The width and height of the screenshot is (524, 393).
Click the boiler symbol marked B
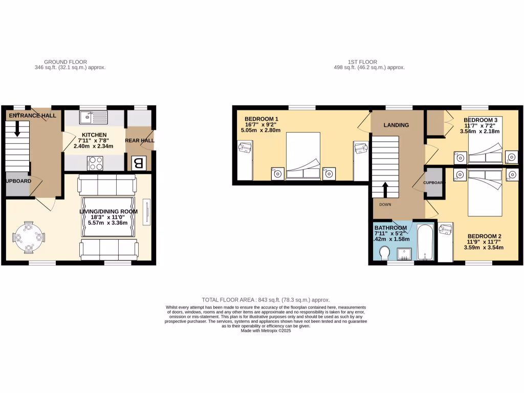coord(138,163)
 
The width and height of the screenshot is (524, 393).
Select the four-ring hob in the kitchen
coord(95,163)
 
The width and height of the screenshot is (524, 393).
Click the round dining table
coord(29,237)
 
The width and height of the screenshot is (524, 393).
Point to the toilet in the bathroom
coord(385,253)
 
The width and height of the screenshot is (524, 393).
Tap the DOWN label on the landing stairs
coord(385,204)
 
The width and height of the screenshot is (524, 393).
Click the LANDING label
coord(397,125)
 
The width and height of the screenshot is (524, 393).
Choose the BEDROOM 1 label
coord(261,118)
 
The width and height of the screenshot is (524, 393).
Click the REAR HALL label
coord(140,140)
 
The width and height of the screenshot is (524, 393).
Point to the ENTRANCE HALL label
coord(32,116)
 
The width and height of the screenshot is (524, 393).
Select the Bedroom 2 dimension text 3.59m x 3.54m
coord(484,248)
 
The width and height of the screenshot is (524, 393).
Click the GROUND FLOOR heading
coord(65,62)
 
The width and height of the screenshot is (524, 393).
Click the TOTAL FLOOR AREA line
coord(266,300)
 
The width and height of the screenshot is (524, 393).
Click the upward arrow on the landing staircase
coord(385,189)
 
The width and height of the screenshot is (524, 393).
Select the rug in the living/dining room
coord(108,217)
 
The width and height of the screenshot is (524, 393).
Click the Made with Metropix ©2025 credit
coord(266,331)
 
